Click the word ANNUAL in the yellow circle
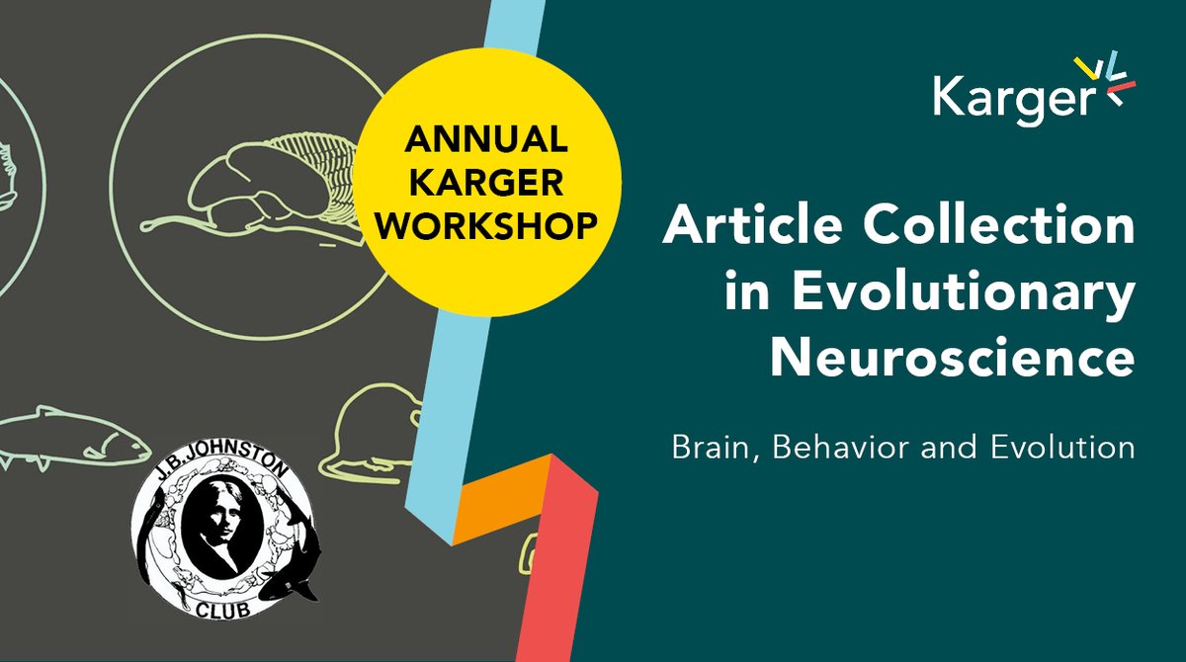pyautogui.click(x=486, y=142)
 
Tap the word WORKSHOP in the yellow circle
pyautogui.click(x=486, y=225)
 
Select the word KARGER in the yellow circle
pyautogui.click(x=486, y=184)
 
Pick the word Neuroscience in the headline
pyautogui.click(x=952, y=359)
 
